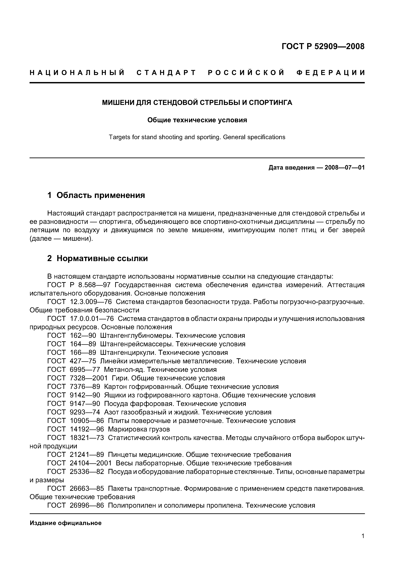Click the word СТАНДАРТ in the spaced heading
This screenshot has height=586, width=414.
[166, 73]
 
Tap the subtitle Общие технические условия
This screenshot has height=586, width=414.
[197, 120]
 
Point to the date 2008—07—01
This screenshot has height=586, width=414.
[344, 168]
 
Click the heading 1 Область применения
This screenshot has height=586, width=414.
[96, 195]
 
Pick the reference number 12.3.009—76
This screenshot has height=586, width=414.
[91, 302]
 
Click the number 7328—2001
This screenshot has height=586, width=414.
[88, 378]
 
